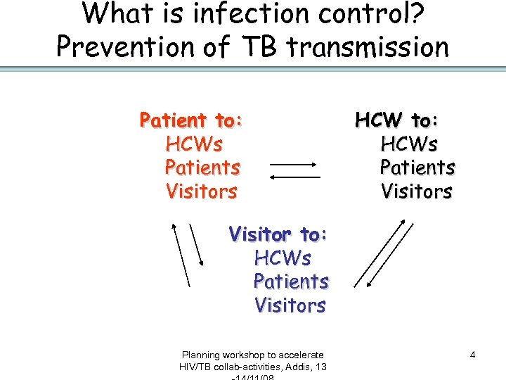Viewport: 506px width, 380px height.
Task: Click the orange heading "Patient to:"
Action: point(191,120)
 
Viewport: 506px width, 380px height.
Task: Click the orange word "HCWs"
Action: point(194,144)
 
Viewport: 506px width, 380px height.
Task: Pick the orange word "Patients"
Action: point(202,167)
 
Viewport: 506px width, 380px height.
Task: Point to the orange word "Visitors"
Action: point(202,191)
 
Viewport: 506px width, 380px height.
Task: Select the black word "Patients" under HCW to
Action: point(417,167)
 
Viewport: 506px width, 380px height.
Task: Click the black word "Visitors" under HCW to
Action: point(417,191)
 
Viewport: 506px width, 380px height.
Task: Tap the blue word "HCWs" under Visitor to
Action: point(283,258)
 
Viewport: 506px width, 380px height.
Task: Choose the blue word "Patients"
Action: point(291,281)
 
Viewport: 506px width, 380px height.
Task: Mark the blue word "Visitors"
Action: point(290,305)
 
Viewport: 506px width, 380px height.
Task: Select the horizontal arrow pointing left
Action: point(294,177)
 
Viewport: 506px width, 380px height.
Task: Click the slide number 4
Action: point(472,355)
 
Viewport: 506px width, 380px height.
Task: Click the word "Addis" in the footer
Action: point(298,367)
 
